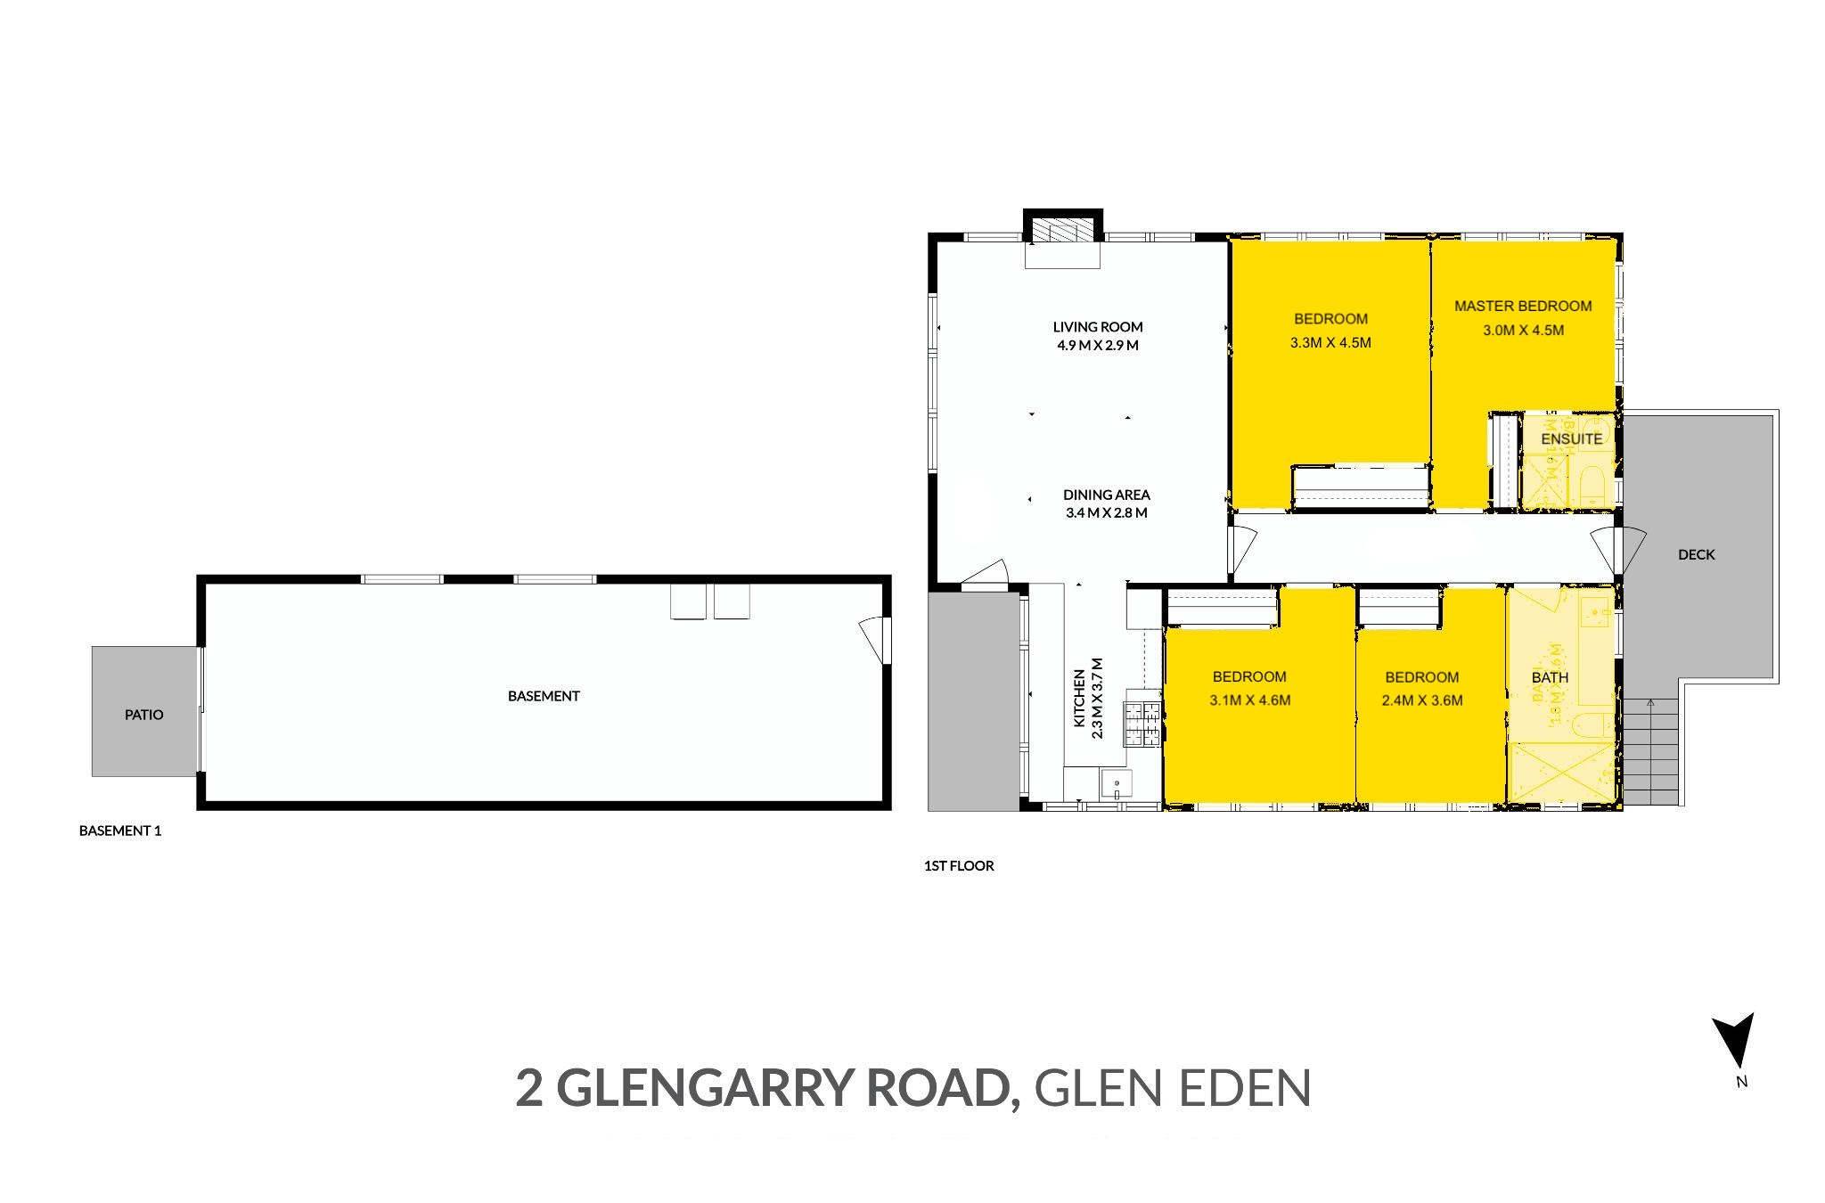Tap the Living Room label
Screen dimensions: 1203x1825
tap(1097, 327)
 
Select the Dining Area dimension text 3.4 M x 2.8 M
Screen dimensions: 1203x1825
tap(1106, 513)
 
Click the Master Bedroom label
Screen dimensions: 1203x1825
tap(1522, 307)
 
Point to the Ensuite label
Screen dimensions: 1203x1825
tap(1571, 438)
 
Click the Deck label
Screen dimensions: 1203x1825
tap(1696, 554)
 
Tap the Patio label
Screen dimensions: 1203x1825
tap(143, 715)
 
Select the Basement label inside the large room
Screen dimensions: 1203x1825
tap(544, 696)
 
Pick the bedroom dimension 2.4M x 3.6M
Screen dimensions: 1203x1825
tap(1421, 700)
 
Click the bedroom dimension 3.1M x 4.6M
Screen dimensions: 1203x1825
tap(1249, 700)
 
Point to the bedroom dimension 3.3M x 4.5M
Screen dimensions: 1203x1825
tap(1330, 342)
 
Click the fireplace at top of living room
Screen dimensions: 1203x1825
tap(1062, 232)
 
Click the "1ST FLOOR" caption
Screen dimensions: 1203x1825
tap(959, 865)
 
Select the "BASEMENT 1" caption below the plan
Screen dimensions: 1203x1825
tap(120, 831)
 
